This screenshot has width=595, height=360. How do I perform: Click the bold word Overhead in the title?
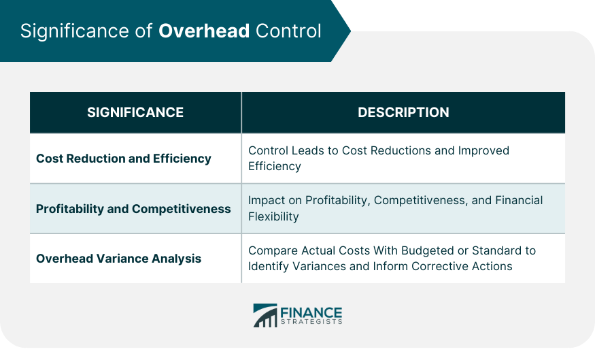[204, 32]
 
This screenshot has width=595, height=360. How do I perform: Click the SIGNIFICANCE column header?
[135, 112]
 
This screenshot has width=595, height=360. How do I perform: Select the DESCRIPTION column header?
[403, 112]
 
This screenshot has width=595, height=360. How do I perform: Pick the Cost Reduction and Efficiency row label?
[124, 159]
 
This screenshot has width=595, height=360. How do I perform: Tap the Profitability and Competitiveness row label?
[133, 209]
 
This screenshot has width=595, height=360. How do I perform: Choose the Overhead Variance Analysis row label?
[118, 259]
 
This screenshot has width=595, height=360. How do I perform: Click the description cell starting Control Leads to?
[379, 158]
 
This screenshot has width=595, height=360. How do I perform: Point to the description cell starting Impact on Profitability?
[395, 208]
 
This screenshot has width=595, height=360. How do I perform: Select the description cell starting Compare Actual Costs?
[392, 259]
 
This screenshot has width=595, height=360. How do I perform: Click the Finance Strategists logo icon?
[265, 315]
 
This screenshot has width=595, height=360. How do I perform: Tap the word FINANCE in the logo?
[311, 312]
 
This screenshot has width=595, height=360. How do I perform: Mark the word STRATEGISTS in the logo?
[311, 323]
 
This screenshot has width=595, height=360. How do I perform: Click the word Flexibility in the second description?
[273, 216]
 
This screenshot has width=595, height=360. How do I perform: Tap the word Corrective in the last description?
[440, 266]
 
